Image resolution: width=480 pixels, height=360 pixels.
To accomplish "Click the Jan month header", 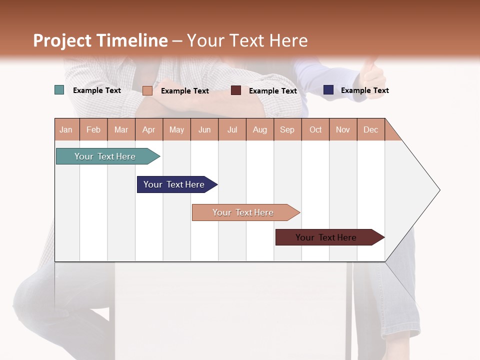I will click(x=66, y=129).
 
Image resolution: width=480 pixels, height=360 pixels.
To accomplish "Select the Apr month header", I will click(x=148, y=129).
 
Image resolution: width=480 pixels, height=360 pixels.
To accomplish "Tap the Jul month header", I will click(x=232, y=129).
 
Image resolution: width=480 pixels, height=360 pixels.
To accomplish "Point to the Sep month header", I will click(x=287, y=129).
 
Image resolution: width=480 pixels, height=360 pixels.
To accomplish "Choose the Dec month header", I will click(x=370, y=129).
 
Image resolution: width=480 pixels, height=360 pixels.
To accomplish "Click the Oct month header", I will click(x=315, y=129).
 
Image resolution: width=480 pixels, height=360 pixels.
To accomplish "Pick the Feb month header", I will click(x=93, y=129).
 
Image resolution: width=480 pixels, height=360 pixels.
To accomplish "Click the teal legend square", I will click(x=59, y=90).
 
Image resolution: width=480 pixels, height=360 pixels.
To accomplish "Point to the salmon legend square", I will click(x=147, y=90).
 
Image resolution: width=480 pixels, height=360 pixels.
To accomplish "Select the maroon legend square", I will click(x=236, y=90).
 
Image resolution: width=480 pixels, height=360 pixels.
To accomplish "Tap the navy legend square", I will click(x=328, y=90).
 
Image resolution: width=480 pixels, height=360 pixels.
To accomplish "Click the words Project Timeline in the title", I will click(x=100, y=40).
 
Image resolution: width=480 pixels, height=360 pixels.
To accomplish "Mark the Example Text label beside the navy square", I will click(x=364, y=90).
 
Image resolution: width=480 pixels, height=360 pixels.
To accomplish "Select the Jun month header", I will click(x=204, y=129).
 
